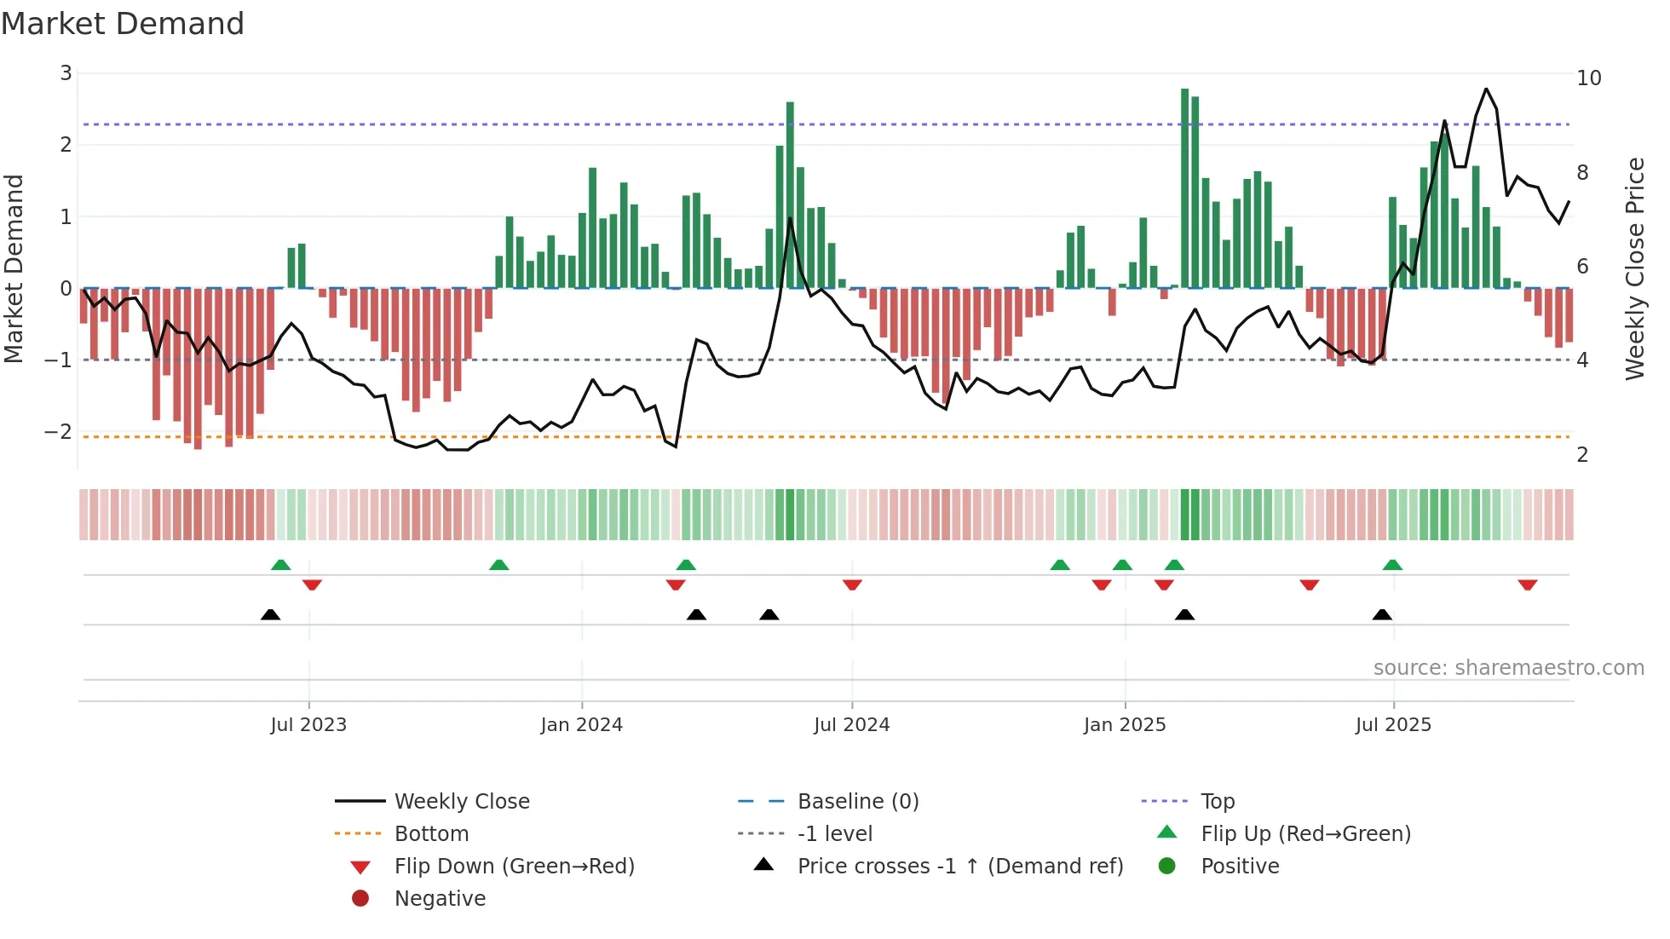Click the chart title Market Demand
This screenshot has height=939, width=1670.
pyautogui.click(x=123, y=24)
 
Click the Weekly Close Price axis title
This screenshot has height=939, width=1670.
pyautogui.click(x=1634, y=268)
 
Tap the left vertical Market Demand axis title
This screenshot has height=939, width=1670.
pyautogui.click(x=14, y=268)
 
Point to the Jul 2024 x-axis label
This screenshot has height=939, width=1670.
pyautogui.click(x=851, y=725)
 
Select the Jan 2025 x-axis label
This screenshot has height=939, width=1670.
pyautogui.click(x=1125, y=725)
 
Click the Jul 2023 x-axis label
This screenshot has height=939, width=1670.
pyautogui.click(x=308, y=725)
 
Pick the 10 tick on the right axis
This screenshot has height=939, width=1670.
pyautogui.click(x=1589, y=78)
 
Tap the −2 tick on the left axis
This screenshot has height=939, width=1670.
pyautogui.click(x=58, y=431)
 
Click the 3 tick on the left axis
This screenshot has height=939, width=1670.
pyautogui.click(x=66, y=73)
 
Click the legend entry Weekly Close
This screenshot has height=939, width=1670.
pyautogui.click(x=461, y=802)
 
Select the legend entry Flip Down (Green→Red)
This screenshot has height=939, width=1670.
pyautogui.click(x=514, y=867)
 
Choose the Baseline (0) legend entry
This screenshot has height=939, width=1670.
pyautogui.click(x=857, y=802)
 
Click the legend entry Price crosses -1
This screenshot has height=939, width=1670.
pyautogui.click(x=959, y=867)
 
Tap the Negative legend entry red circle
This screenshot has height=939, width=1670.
pyautogui.click(x=360, y=899)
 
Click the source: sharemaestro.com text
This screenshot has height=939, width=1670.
pyautogui.click(x=1508, y=668)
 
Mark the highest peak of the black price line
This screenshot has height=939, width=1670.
pyautogui.click(x=1486, y=89)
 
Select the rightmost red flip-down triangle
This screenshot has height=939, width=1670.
pyautogui.click(x=1527, y=585)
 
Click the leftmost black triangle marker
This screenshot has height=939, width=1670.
pyautogui.click(x=270, y=614)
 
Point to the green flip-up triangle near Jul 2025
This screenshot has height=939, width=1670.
pyautogui.click(x=1392, y=565)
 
